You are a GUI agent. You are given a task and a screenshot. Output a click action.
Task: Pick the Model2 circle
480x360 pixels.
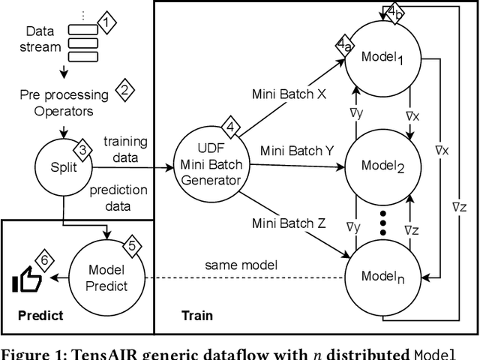coord(382,166)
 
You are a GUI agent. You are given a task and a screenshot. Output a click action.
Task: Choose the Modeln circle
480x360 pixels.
coord(382,275)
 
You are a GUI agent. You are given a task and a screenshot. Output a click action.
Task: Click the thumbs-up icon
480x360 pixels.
coord(27,281)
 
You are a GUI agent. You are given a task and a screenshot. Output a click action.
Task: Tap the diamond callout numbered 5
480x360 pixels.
coord(130,245)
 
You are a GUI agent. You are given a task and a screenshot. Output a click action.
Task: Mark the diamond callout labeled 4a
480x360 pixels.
coord(344,46)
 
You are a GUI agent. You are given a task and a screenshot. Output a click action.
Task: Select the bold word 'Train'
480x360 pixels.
coord(197,316)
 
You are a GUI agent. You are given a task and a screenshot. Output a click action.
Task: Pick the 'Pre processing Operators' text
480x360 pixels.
coord(64,103)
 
